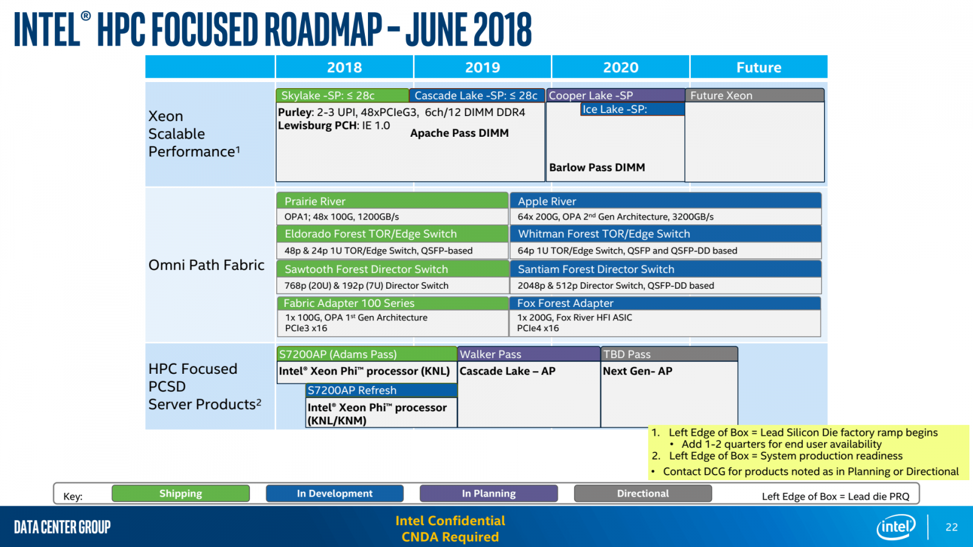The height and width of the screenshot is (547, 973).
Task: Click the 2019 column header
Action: [482, 67]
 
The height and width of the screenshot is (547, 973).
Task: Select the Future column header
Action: [758, 67]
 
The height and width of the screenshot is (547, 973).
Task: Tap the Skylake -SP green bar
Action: [342, 95]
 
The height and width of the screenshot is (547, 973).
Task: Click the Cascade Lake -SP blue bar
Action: [476, 95]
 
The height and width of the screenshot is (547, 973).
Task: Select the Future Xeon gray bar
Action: [755, 95]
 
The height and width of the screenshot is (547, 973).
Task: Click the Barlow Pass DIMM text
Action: [597, 167]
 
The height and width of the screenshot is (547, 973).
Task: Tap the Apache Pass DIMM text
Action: [459, 133]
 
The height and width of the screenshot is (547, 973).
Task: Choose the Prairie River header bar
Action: [392, 201]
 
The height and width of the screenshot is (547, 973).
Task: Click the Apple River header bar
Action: [665, 201]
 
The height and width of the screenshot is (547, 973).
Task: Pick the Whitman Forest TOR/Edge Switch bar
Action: [665, 234]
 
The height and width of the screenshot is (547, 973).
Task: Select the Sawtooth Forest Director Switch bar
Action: [392, 269]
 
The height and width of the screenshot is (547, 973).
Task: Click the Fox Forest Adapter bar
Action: [665, 303]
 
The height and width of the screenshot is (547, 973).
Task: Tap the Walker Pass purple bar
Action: [528, 354]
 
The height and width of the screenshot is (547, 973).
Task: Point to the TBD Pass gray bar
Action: [669, 354]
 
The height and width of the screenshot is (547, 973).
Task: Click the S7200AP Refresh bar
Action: [381, 390]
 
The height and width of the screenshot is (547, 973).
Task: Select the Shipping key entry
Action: [181, 494]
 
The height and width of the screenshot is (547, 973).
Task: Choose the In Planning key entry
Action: [488, 494]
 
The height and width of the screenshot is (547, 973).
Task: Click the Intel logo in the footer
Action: [896, 526]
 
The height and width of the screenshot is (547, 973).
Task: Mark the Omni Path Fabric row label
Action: [206, 265]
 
